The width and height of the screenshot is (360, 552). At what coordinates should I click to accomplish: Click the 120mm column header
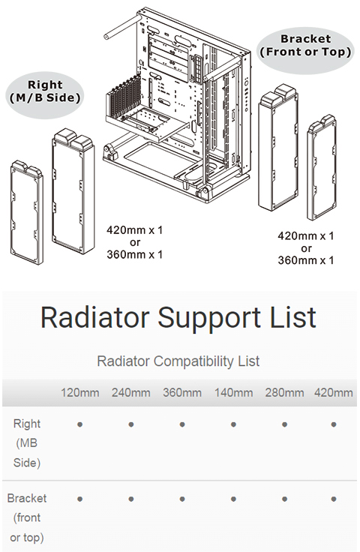click(80, 392)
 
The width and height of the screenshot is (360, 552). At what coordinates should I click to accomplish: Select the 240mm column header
click(131, 392)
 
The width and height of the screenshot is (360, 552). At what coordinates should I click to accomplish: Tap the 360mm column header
click(182, 392)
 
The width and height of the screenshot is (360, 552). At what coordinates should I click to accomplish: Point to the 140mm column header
click(233, 392)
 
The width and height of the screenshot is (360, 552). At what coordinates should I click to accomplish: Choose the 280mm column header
click(284, 392)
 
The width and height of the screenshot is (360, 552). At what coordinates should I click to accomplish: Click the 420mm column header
click(334, 392)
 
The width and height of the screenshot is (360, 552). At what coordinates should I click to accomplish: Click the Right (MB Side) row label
click(27, 442)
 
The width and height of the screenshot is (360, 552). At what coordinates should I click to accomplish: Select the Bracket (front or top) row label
click(27, 517)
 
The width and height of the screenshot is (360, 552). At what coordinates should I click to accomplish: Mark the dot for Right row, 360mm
click(182, 424)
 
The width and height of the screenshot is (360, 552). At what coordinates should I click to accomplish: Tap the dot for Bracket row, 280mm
click(284, 499)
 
